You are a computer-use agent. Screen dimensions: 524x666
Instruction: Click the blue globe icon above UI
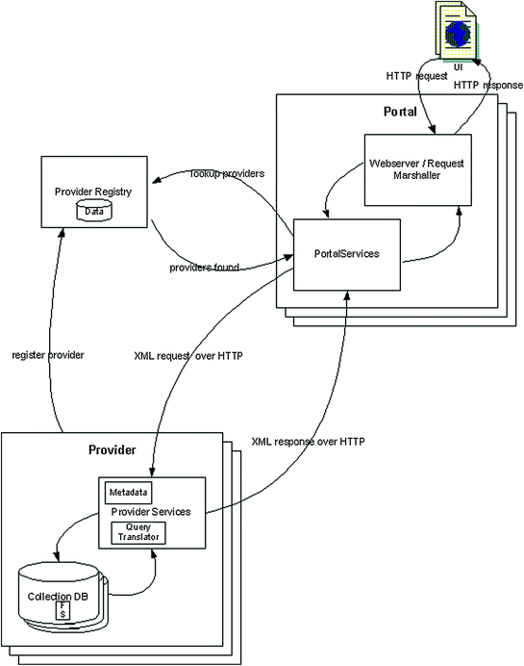(x=458, y=34)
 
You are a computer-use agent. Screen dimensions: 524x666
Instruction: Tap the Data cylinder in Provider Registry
(x=94, y=211)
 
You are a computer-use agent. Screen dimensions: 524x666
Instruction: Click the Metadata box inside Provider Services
(x=128, y=493)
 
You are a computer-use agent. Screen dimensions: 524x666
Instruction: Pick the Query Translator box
(x=138, y=532)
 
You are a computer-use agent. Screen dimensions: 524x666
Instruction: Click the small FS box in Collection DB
(x=62, y=610)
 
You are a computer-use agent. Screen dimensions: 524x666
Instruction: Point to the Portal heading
(x=400, y=112)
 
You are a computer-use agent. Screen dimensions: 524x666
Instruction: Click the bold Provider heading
(x=112, y=449)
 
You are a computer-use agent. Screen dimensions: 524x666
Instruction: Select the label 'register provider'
(x=48, y=355)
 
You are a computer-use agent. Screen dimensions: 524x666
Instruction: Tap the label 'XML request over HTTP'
(x=188, y=356)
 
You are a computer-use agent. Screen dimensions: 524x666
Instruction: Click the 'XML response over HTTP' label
(x=308, y=442)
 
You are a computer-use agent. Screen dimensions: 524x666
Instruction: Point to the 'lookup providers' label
(x=228, y=174)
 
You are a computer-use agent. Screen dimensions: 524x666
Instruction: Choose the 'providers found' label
(x=205, y=268)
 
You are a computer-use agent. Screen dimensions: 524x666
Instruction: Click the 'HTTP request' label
(x=416, y=76)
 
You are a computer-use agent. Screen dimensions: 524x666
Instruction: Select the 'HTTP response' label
(x=488, y=86)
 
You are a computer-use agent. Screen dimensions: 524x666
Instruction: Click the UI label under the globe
(x=459, y=67)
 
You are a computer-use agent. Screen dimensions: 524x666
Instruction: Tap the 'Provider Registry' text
(x=93, y=192)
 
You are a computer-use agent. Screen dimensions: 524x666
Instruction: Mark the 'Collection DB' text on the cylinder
(x=58, y=597)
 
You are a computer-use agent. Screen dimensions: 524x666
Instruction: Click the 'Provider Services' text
(x=151, y=512)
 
